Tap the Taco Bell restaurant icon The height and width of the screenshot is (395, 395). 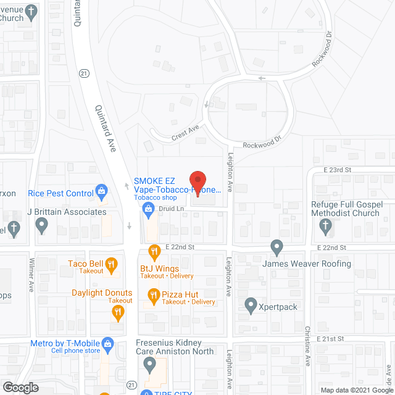[112, 265]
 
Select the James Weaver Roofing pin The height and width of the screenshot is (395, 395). [277, 248]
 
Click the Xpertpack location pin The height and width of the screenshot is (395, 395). [251, 306]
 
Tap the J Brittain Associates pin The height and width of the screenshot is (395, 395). [41, 227]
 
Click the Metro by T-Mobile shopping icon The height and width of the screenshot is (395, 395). [107, 344]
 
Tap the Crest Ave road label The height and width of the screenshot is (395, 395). [185, 131]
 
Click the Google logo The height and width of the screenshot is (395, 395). [20, 387]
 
